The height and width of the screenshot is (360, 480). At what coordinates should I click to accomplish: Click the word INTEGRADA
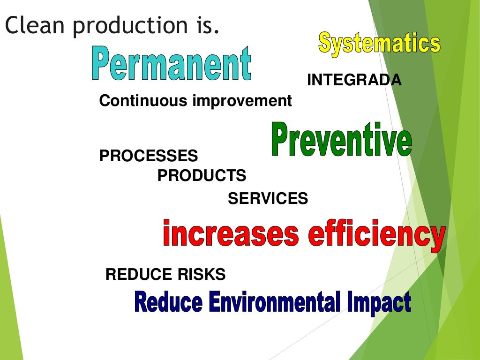point(354,81)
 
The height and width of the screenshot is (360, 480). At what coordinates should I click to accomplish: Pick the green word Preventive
point(341,139)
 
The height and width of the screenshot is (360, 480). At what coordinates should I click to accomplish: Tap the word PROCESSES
point(149,156)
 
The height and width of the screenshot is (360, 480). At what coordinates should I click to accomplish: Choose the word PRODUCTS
point(202,176)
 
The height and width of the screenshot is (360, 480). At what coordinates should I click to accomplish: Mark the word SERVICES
point(268,199)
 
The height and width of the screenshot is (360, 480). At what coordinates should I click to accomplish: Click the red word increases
point(231,234)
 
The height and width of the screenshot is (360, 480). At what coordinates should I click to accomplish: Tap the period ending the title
point(216,33)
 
